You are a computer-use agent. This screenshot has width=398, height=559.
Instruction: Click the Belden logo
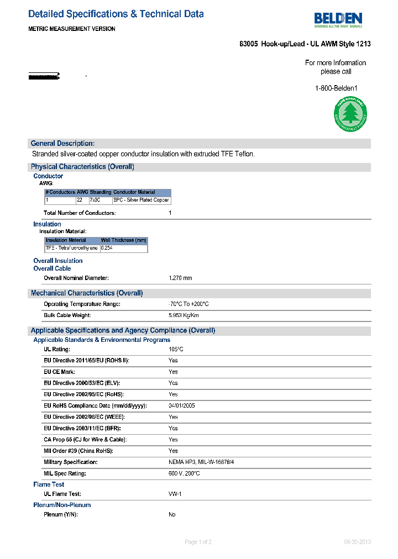pos(338,20)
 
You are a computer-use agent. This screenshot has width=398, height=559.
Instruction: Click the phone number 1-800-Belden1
pos(336,88)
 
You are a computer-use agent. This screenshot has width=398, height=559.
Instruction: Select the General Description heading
pos(62,144)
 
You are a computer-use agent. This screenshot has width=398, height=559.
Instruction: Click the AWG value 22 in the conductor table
pos(80,200)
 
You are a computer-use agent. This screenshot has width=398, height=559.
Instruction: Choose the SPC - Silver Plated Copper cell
pos(142,200)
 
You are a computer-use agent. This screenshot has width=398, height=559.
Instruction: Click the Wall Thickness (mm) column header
pos(123,240)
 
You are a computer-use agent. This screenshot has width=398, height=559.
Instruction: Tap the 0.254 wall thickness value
pos(107,249)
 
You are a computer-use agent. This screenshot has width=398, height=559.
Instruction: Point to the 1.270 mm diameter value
pos(180,278)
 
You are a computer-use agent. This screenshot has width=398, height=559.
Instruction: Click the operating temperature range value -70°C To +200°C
pos(188,304)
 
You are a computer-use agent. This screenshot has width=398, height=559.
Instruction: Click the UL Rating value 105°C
pos(176,350)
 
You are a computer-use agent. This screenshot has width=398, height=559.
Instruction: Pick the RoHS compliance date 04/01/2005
pos(181,406)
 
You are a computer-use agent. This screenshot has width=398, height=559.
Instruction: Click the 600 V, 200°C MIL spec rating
pos(184,474)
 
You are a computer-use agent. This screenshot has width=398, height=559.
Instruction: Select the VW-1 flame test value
pos(174,494)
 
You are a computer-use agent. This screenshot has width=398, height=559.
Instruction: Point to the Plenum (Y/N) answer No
pos(172,515)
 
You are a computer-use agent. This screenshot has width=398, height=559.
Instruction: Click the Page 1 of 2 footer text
pos(198,542)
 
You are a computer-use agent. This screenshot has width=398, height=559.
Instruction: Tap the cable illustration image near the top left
pos(44,76)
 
